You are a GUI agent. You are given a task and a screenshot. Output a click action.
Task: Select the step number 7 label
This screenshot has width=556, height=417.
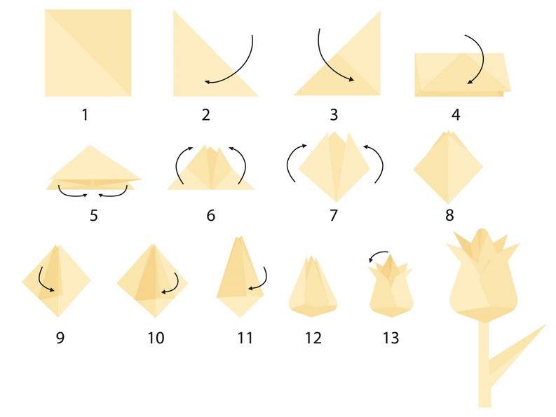pyautogui.click(x=333, y=215)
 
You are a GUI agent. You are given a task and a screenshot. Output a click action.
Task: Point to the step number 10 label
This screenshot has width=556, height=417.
pyautogui.click(x=156, y=338)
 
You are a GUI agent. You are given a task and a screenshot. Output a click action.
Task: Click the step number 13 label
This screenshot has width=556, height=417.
pyautogui.click(x=390, y=338)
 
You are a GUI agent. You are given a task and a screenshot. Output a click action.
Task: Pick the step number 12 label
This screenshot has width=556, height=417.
pyautogui.click(x=313, y=338)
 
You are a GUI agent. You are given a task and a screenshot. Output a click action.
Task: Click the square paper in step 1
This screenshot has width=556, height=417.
pyautogui.click(x=88, y=53)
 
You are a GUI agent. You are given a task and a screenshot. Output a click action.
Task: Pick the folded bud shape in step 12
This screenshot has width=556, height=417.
pyautogui.click(x=313, y=287)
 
